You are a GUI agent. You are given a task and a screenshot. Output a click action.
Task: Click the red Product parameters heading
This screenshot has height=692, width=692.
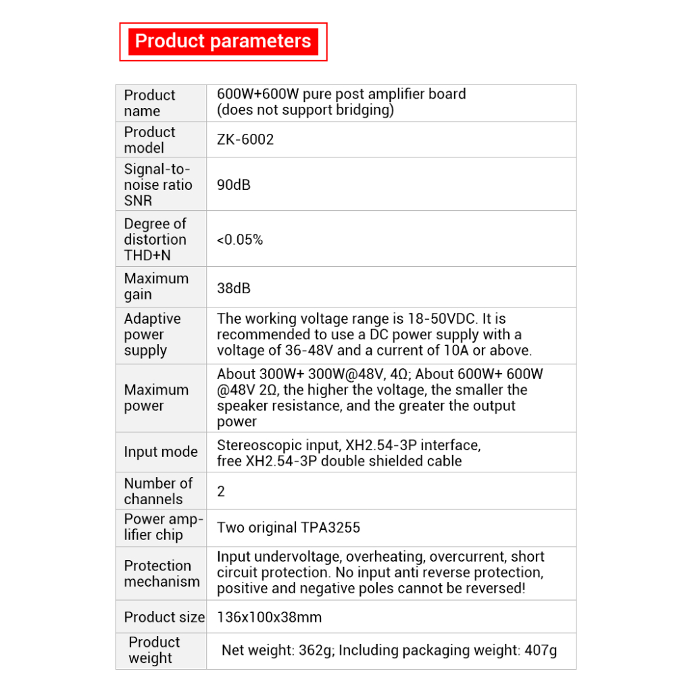[x=223, y=41]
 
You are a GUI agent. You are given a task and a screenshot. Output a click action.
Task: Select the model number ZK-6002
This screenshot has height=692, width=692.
[x=245, y=140]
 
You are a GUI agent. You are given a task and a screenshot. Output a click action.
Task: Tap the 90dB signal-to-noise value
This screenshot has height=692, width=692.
[x=234, y=184]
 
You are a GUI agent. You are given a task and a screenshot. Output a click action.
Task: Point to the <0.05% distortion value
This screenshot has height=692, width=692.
[x=240, y=239]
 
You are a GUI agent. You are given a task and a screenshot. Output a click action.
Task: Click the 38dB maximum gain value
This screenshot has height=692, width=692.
[x=234, y=288]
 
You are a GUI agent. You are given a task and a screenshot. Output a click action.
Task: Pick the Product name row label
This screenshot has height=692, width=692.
[x=149, y=103]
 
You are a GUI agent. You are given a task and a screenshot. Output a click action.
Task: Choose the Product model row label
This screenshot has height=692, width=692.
[x=149, y=140]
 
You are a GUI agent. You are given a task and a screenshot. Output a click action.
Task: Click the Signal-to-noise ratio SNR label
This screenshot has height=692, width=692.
[x=157, y=184]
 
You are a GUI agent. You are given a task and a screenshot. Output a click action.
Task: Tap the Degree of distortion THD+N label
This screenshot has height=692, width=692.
[x=155, y=239]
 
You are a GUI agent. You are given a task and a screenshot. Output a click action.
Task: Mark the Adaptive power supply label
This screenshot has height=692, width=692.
[x=152, y=335]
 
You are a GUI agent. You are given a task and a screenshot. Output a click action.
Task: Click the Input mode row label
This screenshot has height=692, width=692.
[x=161, y=452]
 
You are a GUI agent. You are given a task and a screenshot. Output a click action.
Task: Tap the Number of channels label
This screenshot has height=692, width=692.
[x=157, y=491]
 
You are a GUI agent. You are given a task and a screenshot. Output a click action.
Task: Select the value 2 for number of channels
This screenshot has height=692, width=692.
[x=221, y=491]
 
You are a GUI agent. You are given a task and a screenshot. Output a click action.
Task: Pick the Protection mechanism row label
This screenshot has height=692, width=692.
[x=162, y=574]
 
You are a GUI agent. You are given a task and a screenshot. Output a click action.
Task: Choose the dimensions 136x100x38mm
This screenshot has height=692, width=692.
[x=269, y=617]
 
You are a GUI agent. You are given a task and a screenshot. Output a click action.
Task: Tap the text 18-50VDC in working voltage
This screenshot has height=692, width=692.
[x=442, y=319]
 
